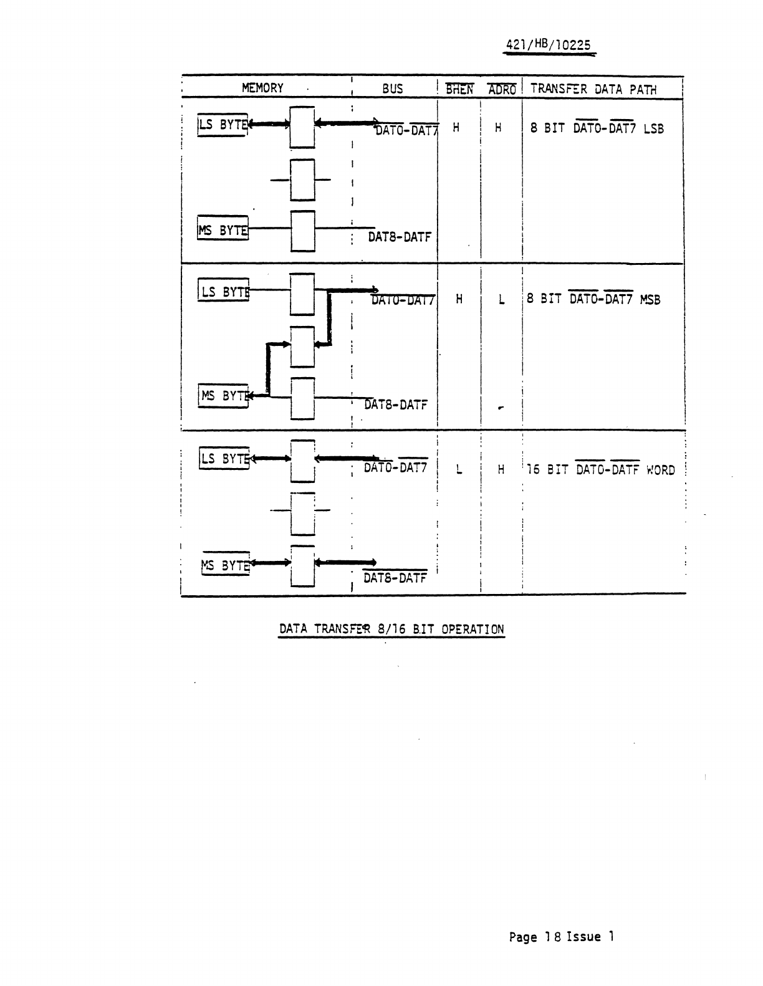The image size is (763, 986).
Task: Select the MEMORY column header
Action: pyautogui.click(x=262, y=88)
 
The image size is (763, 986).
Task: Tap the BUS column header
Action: pyautogui.click(x=393, y=89)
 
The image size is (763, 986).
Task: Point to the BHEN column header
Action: pyautogui.click(x=459, y=89)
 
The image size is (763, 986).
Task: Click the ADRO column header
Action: pyautogui.click(x=502, y=90)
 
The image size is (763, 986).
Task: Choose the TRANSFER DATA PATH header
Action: pyautogui.click(x=593, y=89)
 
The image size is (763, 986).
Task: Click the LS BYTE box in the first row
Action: pyautogui.click(x=223, y=124)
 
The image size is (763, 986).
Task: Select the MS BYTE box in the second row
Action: pyautogui.click(x=223, y=396)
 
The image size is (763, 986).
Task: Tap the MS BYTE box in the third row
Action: pyautogui.click(x=225, y=565)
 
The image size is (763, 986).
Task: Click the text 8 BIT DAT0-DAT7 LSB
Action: pyautogui.click(x=597, y=128)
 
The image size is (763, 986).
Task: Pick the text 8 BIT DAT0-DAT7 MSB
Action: pyautogui.click(x=593, y=299)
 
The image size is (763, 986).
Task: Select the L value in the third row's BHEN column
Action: pyautogui.click(x=459, y=470)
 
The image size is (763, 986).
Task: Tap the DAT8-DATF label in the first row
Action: pyautogui.click(x=399, y=237)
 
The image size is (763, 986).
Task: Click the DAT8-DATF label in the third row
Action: pyautogui.click(x=395, y=578)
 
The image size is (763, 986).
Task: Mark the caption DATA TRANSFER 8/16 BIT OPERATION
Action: pyautogui.click(x=391, y=628)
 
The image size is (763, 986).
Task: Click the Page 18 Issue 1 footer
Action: pyautogui.click(x=562, y=936)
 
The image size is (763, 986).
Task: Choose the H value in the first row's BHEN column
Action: pyautogui.click(x=456, y=128)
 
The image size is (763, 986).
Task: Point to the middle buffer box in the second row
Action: pyautogui.click(x=302, y=347)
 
